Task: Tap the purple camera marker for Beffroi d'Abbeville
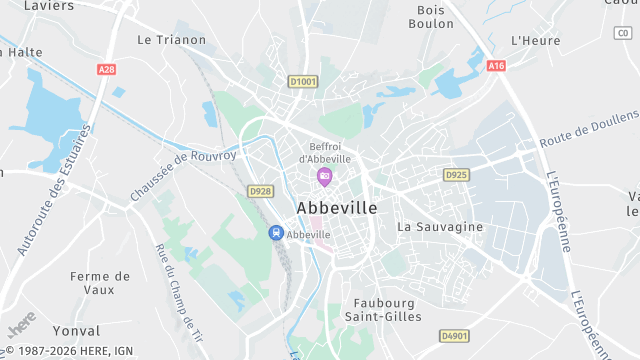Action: point(324,177)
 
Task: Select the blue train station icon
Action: point(275,233)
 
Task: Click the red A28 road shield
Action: point(107,70)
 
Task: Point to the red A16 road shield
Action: point(496,65)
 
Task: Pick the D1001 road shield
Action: point(302,81)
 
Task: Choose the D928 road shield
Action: point(260,191)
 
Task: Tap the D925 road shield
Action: point(456,175)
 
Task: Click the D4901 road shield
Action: point(454,336)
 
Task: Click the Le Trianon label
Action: point(171,40)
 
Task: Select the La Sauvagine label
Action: point(440,227)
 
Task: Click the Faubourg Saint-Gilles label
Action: point(388,309)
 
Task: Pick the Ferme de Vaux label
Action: point(100,282)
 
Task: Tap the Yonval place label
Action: point(76,330)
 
